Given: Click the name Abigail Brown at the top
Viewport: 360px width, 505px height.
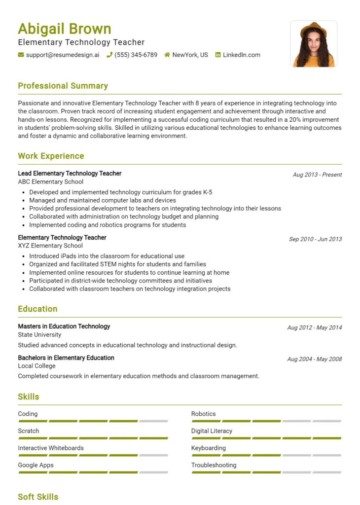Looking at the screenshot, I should click(65, 29).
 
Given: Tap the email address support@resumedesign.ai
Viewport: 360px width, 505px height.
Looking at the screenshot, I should click(62, 55).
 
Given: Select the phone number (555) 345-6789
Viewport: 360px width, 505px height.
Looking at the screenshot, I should click(136, 55).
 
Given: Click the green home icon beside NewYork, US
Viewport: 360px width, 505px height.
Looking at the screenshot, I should click(167, 55).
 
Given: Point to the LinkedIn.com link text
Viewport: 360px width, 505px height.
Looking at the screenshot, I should click(241, 55).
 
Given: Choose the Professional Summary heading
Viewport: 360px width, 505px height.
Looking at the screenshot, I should click(63, 86).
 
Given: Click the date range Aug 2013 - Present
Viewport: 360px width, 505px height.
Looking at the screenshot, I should click(317, 175).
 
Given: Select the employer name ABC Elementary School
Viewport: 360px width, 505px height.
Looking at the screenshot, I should click(51, 181).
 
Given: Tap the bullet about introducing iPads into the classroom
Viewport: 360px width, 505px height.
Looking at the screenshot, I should click(107, 256).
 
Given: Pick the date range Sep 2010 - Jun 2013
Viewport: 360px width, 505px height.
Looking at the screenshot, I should click(315, 239).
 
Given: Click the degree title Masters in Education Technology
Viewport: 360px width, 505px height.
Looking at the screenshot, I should click(64, 326).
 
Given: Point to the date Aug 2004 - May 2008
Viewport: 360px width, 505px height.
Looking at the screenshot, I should click(314, 359).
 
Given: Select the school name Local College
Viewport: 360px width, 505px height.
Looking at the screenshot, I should click(36, 366).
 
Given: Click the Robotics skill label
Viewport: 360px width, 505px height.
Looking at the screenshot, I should click(203, 414).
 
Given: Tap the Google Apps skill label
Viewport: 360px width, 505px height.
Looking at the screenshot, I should click(36, 465).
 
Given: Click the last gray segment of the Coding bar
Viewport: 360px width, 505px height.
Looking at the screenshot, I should click(153, 421).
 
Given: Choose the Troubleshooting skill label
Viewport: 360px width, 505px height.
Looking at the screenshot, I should click(214, 465).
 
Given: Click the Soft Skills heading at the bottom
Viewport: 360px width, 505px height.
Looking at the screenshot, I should click(38, 497).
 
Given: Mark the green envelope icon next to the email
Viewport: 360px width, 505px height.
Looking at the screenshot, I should click(21, 55).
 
